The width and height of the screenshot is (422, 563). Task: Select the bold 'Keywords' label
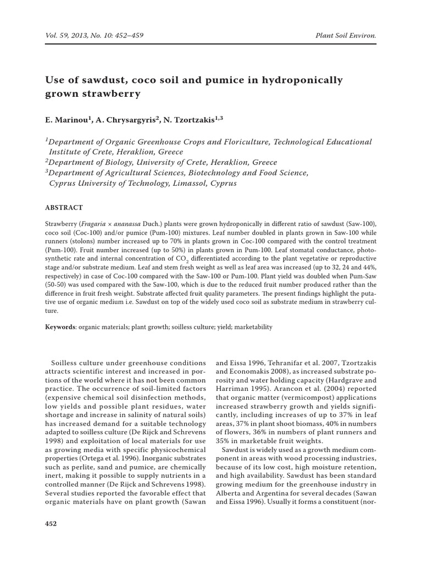60,327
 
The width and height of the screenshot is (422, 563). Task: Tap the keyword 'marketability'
253,327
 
